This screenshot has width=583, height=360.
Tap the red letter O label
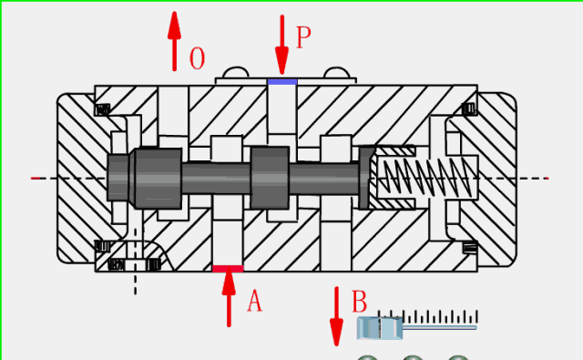pyautogui.click(x=197, y=59)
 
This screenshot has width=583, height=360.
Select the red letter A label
pyautogui.click(x=254, y=301)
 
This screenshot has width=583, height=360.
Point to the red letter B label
pyautogui.click(x=360, y=300)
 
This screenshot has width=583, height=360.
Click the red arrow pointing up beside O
pyautogui.click(x=173, y=41)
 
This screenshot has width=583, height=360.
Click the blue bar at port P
pyautogui.click(x=282, y=82)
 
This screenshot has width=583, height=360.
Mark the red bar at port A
pyautogui.click(x=228, y=268)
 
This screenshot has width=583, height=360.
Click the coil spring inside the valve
pyautogui.click(x=426, y=176)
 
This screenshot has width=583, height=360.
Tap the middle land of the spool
pyautogui.click(x=271, y=177)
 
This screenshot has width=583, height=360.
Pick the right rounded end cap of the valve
pyautogui.click(x=497, y=178)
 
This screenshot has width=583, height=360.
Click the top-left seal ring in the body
pyautogui.click(x=103, y=110)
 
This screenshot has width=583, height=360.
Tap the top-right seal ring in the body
pyautogui.click(x=469, y=110)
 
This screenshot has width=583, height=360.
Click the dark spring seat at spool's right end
pyautogui.click(x=366, y=176)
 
